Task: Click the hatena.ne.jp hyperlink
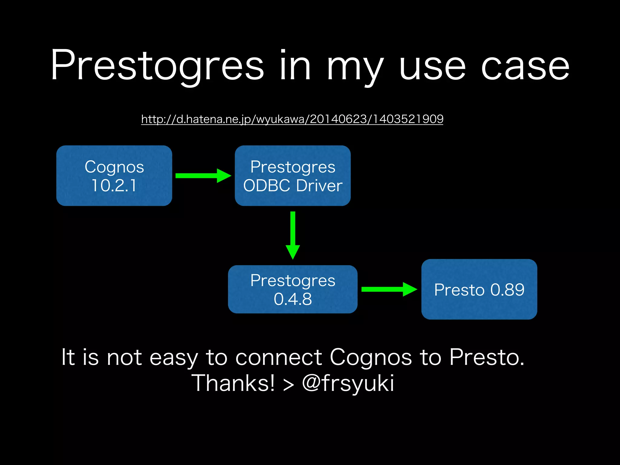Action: (x=292, y=119)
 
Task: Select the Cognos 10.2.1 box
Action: (x=114, y=176)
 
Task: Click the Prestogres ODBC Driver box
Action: (x=292, y=176)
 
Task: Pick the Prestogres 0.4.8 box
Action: (x=292, y=289)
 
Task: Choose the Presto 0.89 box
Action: (x=479, y=289)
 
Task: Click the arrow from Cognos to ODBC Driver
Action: (x=203, y=176)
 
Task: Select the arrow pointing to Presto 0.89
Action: (x=389, y=289)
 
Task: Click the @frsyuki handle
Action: (x=348, y=383)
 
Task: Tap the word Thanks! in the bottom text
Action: (x=233, y=383)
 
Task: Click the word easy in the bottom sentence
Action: (x=174, y=357)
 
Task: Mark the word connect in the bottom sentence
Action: (x=279, y=357)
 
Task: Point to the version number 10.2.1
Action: (x=114, y=185)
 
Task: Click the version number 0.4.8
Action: (x=292, y=299)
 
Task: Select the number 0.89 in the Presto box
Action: (x=507, y=290)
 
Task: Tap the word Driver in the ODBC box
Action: (x=319, y=185)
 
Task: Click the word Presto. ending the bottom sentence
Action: (x=486, y=357)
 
